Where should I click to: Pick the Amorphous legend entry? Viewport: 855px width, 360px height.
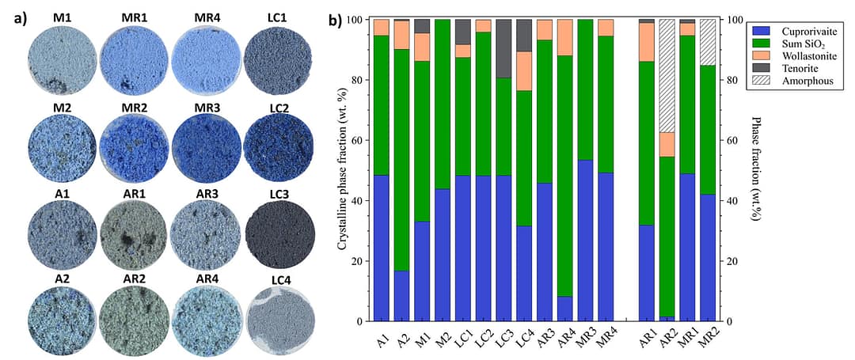792,81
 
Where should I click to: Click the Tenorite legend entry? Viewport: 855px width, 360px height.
787,67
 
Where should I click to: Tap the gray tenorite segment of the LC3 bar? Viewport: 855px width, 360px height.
504,48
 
